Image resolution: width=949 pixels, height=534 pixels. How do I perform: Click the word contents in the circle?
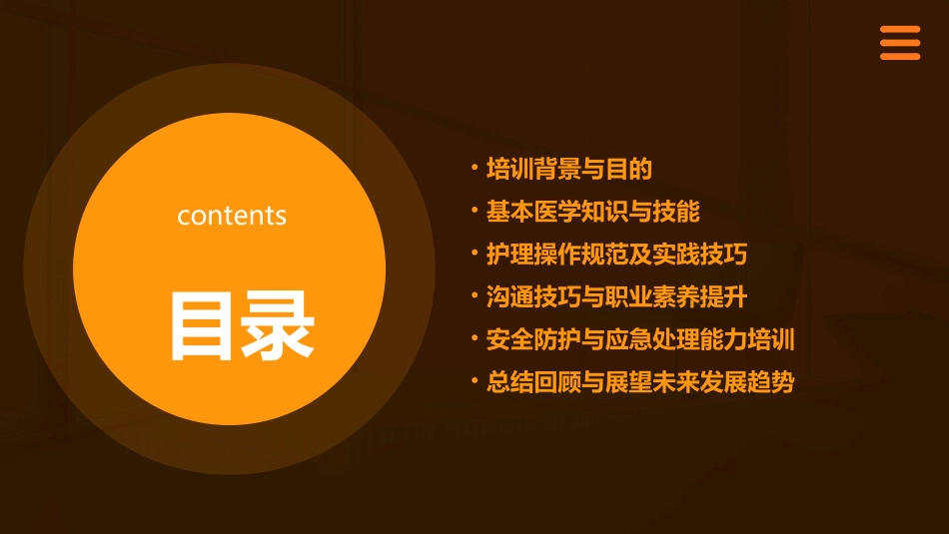pyautogui.click(x=232, y=216)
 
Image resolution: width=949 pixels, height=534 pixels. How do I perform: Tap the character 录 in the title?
pyautogui.click(x=280, y=324)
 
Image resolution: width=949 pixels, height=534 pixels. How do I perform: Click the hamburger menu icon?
pyautogui.click(x=899, y=43)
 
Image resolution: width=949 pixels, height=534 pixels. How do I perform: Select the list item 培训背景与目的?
pyautogui.click(x=568, y=170)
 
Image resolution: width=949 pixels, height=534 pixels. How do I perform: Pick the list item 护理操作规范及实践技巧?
pyautogui.click(x=616, y=255)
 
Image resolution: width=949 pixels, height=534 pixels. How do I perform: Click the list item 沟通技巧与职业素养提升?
pyautogui.click(x=616, y=297)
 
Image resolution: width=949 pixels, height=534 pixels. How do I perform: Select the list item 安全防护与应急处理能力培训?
pyautogui.click(x=639, y=339)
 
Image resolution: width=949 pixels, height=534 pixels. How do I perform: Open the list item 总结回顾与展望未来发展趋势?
pyautogui.click(x=639, y=382)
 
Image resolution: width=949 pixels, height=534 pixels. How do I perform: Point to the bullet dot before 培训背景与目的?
pyautogui.click(x=474, y=168)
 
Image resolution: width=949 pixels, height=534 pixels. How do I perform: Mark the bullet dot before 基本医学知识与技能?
pyautogui.click(x=474, y=210)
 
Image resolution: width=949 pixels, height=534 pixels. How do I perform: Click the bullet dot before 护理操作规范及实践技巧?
pyautogui.click(x=474, y=253)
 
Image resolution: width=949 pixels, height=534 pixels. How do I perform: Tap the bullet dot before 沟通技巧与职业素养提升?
pyautogui.click(x=474, y=295)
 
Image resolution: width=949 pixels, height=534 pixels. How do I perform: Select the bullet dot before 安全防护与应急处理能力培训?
pyautogui.click(x=474, y=337)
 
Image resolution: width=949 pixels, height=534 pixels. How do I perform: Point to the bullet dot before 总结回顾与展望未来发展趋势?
pyautogui.click(x=474, y=380)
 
